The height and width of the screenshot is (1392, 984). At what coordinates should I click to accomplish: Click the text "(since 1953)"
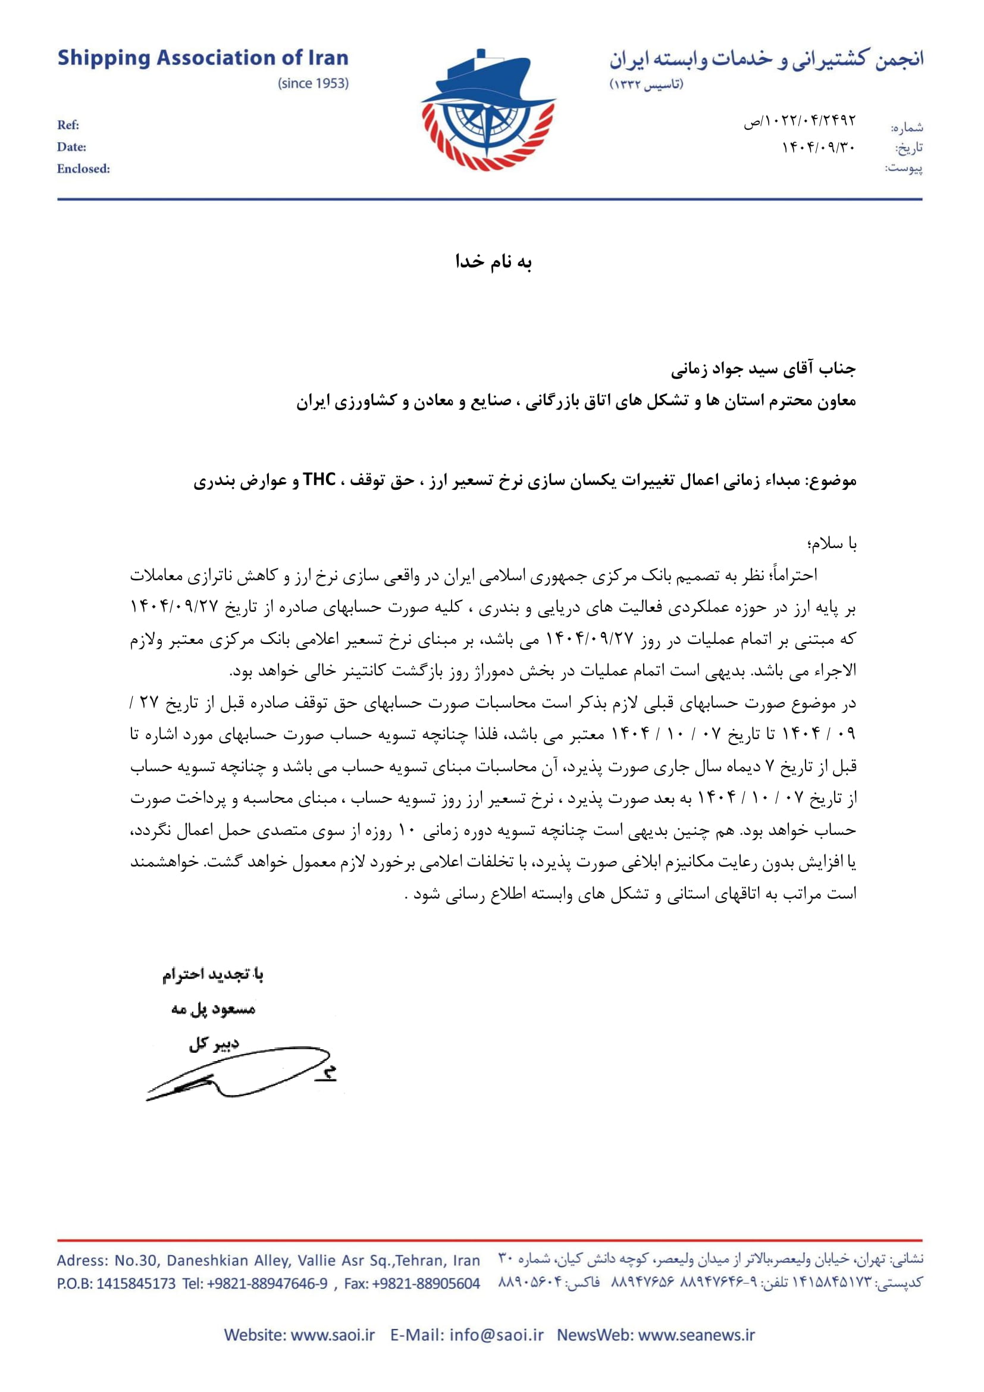point(314,84)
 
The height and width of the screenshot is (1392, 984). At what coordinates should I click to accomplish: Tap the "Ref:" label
point(68,126)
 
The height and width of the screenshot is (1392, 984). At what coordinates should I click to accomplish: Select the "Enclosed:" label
point(84,169)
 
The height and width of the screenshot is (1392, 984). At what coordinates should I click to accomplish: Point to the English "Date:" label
point(71,148)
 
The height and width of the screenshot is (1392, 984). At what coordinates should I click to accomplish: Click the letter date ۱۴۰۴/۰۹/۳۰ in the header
point(818,148)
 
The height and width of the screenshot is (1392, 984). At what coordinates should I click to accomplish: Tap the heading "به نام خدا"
point(493,262)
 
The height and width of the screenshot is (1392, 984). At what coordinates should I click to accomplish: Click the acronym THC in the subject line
point(319,480)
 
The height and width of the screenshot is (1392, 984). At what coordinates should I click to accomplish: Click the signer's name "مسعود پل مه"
point(214,1009)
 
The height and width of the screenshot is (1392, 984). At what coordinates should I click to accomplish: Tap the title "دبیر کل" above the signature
point(214,1043)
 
